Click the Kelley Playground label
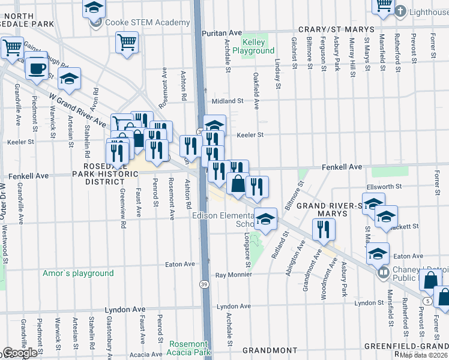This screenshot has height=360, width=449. tap(258, 46)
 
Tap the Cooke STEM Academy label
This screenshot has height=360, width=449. tap(146, 22)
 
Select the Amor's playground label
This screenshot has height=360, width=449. tap(78, 273)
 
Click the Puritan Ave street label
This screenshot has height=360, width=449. tap(221, 33)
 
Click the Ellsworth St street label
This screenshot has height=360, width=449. tap(385, 187)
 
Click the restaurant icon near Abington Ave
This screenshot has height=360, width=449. tap(324, 229)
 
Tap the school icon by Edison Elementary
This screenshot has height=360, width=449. tap(265, 219)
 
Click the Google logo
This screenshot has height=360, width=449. tap(19, 353)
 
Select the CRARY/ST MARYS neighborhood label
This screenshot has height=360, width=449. tap(340, 29)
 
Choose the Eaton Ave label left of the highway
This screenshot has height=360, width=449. tap(180, 264)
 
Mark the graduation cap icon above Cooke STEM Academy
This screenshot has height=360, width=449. tap(94, 7)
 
